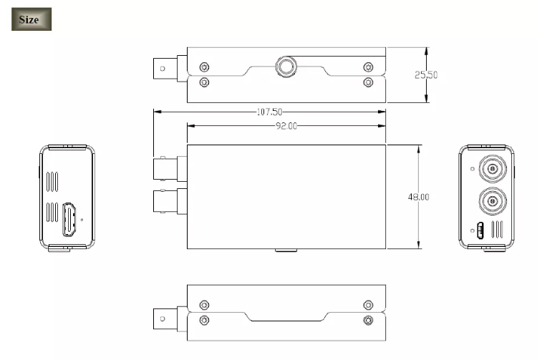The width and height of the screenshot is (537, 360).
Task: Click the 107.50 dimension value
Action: (x=269, y=112)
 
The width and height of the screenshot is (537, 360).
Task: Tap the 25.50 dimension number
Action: (x=427, y=75)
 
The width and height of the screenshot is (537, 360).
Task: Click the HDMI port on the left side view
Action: (x=71, y=220)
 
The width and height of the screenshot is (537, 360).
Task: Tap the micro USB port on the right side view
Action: (x=481, y=231)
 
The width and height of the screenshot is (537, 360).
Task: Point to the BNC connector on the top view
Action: (x=168, y=69)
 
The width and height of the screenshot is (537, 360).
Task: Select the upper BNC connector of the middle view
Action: (x=169, y=168)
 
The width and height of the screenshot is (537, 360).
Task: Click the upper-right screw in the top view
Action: (x=368, y=67)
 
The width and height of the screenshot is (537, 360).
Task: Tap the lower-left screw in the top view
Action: (x=205, y=82)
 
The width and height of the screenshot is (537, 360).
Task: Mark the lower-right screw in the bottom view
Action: (x=368, y=319)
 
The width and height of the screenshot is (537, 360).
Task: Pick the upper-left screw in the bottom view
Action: (x=205, y=304)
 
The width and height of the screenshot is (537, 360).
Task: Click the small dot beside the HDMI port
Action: (x=82, y=220)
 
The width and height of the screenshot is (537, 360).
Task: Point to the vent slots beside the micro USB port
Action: (x=495, y=230)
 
